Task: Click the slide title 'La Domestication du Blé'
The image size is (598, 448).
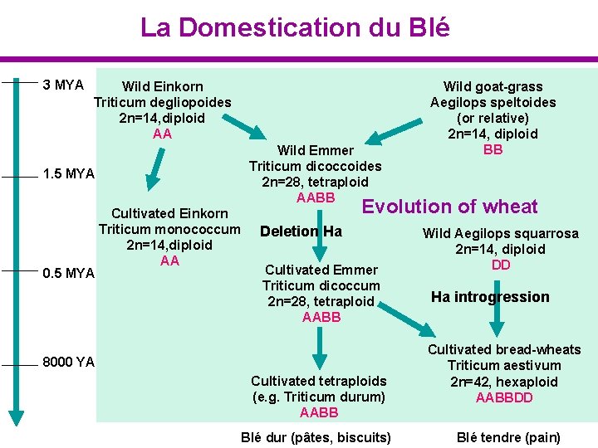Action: point(295,27)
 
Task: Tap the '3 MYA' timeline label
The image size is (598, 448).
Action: point(63,85)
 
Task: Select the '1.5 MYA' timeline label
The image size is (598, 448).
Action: point(68,174)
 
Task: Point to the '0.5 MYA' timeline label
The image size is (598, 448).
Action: point(68,274)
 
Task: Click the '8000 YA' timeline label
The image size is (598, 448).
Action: point(69,362)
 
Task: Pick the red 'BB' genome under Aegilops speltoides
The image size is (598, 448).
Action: point(493,150)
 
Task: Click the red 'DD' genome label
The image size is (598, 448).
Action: point(501,265)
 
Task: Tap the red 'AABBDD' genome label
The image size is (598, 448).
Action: point(504,398)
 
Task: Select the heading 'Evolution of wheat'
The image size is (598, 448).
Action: point(449,207)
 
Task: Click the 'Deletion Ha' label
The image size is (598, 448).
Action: point(301,231)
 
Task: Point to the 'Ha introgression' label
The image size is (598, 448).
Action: point(490,297)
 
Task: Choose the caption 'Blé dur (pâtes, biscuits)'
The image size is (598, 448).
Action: point(316,437)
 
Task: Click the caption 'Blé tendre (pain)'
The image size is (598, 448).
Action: point(509,437)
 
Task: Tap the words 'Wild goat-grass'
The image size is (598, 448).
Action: point(493,86)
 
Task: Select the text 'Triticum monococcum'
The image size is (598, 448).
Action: point(169,229)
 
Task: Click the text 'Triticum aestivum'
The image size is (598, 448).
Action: point(503,366)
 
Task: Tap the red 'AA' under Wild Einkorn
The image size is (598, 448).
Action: point(162,134)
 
